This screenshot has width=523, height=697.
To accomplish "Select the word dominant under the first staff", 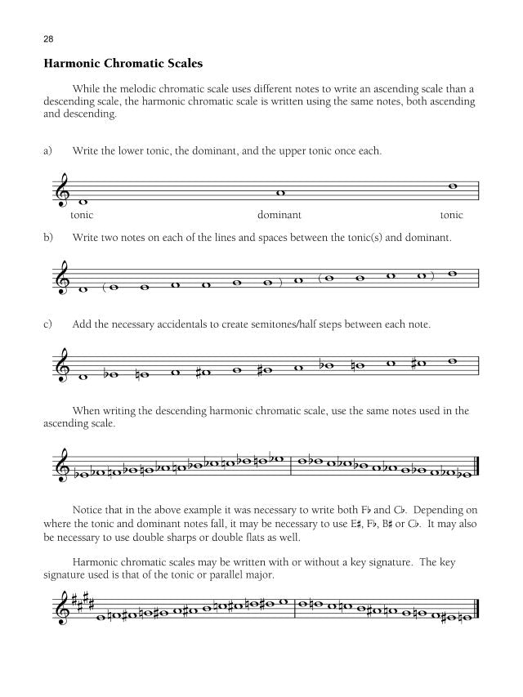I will pyautogui.click(x=279, y=216).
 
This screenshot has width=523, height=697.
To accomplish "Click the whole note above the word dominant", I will pyautogui.click(x=279, y=194).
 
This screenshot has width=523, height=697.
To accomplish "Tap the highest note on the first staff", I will pyautogui.click(x=453, y=185).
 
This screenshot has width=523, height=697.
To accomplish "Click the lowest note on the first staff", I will pyautogui.click(x=82, y=202).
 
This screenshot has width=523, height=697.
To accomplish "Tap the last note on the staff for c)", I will pyautogui.click(x=453, y=360).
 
